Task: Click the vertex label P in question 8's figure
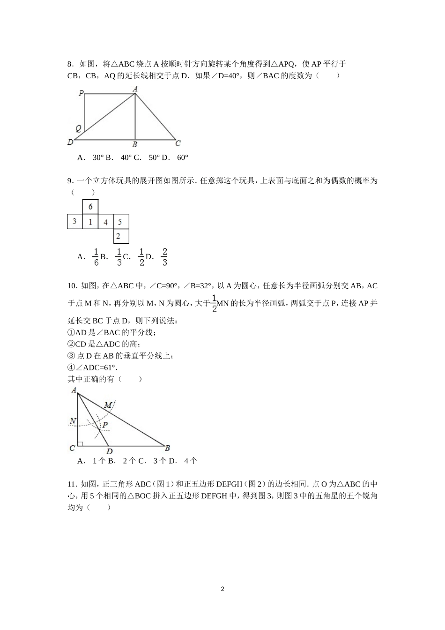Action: point(81,94)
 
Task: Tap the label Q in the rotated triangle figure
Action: point(78,128)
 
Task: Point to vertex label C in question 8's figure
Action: point(178,143)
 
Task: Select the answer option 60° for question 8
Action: point(182,157)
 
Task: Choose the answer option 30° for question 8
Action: point(97,157)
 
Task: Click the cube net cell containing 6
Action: point(90,207)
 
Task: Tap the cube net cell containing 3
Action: point(74,222)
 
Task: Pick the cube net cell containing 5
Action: point(121,222)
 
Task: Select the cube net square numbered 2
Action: point(121,236)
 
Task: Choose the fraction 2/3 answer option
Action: point(164,257)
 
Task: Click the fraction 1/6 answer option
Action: point(96,257)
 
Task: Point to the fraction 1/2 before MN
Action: point(214,303)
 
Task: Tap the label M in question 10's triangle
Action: point(108,405)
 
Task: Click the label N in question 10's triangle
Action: point(73,421)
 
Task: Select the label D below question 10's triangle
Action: point(109,452)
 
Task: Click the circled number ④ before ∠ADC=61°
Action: point(71,367)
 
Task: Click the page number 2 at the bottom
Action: point(222,589)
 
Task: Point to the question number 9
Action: point(70,180)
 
